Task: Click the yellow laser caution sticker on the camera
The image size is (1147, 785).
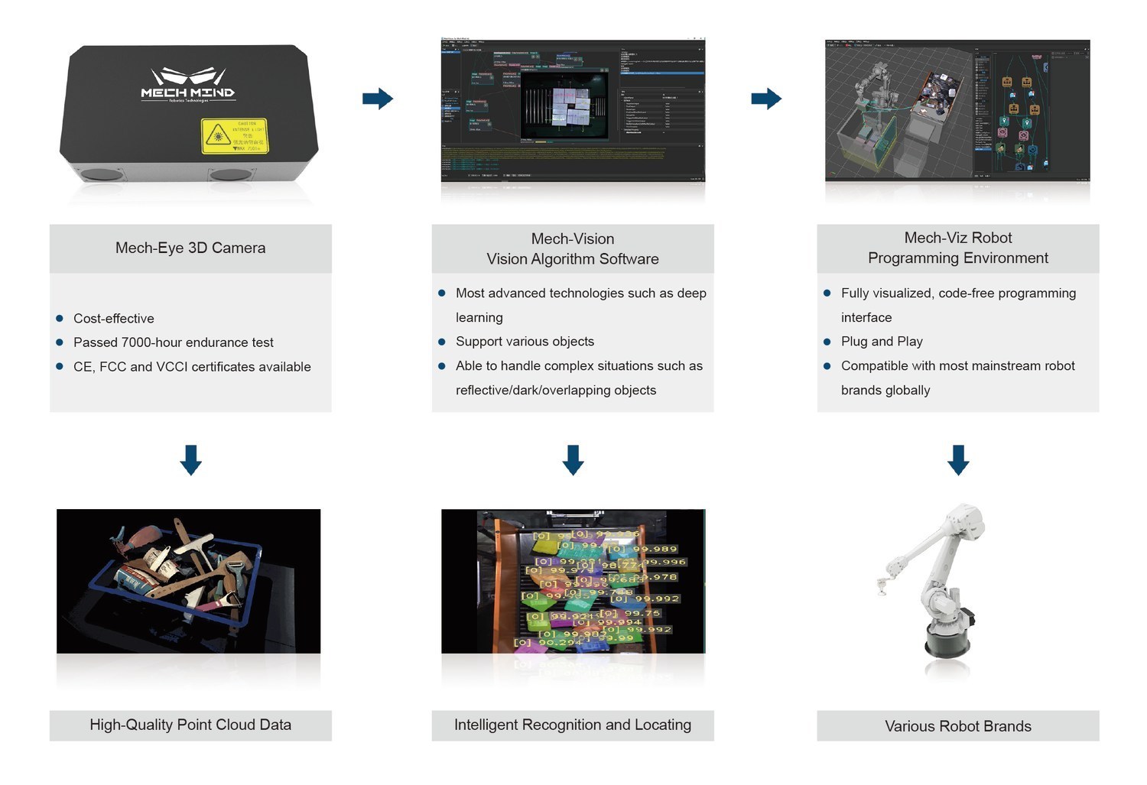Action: click(x=235, y=135)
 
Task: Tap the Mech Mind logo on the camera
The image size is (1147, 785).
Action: click(x=187, y=85)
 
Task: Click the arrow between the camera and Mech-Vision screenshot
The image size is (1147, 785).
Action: click(x=377, y=99)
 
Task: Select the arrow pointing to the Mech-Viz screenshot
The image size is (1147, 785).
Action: click(x=765, y=99)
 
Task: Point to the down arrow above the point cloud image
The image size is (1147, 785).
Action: click(x=190, y=459)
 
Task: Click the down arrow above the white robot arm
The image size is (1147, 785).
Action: click(x=958, y=459)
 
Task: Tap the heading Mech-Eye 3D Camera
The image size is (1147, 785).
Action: click(x=190, y=248)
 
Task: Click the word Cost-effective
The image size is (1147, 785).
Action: click(x=114, y=319)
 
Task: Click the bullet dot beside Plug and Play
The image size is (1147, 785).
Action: click(x=827, y=342)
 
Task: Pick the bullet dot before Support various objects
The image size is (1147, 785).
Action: click(x=442, y=342)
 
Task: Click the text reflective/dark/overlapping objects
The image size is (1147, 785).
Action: click(x=556, y=390)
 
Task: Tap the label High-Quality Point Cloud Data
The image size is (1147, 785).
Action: click(x=190, y=725)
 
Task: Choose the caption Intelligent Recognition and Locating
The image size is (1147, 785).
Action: click(x=573, y=725)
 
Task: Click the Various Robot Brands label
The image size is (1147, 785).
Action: click(x=958, y=726)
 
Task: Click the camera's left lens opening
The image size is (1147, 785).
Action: click(x=101, y=174)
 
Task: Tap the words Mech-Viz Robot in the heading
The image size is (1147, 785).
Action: click(x=958, y=238)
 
